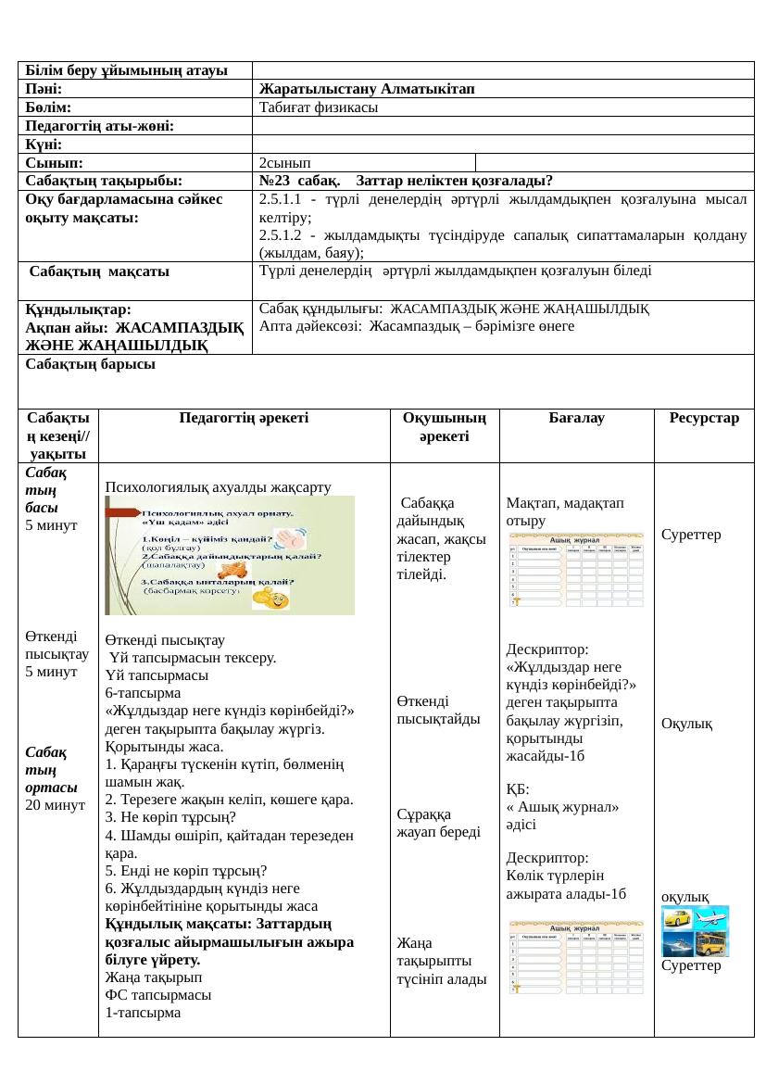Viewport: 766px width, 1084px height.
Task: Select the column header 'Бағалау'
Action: [576, 419]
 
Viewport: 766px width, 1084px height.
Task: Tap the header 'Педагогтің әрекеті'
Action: [245, 419]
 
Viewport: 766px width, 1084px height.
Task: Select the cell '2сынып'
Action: [283, 161]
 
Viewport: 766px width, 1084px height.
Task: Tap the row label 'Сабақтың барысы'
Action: [90, 364]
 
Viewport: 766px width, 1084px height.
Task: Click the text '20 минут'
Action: [55, 804]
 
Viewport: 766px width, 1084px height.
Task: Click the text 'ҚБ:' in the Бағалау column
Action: [518, 788]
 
